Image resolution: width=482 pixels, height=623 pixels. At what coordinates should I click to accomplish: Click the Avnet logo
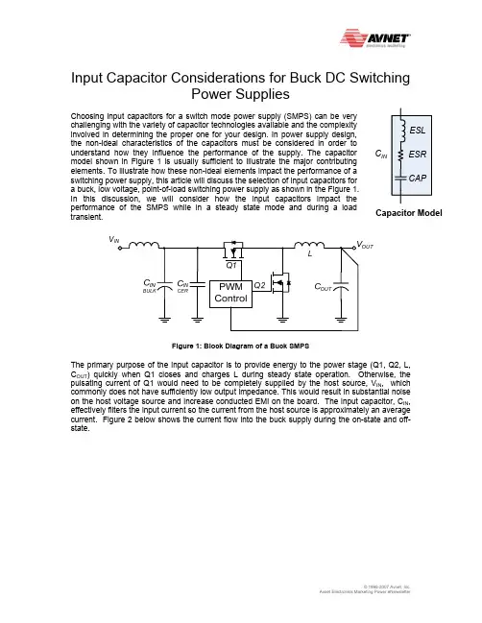pyautogui.click(x=375, y=38)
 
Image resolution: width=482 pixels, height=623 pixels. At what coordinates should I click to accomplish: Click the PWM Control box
pyautogui.click(x=230, y=293)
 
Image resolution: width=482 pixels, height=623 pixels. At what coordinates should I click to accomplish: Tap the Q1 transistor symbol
pyautogui.click(x=233, y=250)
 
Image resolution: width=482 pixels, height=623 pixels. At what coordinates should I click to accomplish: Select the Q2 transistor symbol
pyautogui.click(x=280, y=283)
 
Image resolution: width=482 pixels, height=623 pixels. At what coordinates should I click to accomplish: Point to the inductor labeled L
pyautogui.click(x=309, y=245)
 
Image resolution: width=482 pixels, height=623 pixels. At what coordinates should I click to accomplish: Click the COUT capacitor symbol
pyautogui.click(x=341, y=286)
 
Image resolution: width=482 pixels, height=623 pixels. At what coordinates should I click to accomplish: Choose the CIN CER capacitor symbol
pyautogui.click(x=197, y=284)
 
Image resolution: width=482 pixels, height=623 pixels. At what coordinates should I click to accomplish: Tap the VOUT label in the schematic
pyautogui.click(x=365, y=245)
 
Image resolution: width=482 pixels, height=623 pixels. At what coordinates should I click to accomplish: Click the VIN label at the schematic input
pyautogui.click(x=113, y=240)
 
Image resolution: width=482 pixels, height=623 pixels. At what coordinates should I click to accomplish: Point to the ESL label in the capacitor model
pyautogui.click(x=418, y=131)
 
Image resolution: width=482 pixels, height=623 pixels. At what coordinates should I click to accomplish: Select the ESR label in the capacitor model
pyautogui.click(x=418, y=155)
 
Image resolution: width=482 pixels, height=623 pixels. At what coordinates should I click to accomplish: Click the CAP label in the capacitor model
pyautogui.click(x=418, y=178)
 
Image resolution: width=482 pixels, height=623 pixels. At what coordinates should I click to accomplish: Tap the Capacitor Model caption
pyautogui.click(x=408, y=213)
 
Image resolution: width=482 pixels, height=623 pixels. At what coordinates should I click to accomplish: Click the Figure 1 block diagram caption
pyautogui.click(x=240, y=347)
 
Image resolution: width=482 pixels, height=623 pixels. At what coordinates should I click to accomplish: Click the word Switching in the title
pyautogui.click(x=379, y=78)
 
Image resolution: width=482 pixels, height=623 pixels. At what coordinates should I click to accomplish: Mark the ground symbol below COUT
pyautogui.click(x=341, y=319)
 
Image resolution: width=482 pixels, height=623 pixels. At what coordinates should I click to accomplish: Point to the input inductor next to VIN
pyautogui.click(x=144, y=245)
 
